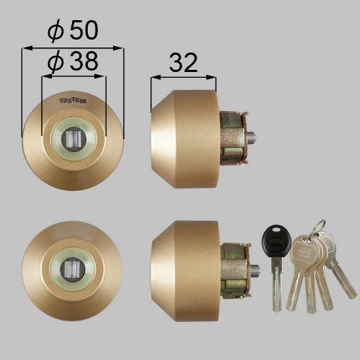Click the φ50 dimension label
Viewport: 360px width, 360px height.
pos(73,30)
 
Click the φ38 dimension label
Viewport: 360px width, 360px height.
pos(73,61)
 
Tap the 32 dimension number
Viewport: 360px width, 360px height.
pos(184,63)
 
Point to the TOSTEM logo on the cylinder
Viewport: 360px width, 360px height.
pos(73,101)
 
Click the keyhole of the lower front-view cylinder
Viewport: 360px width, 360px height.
pos(72,269)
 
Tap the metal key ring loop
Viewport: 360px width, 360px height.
pos(320,227)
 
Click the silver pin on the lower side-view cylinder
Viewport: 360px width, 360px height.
pos(256,270)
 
